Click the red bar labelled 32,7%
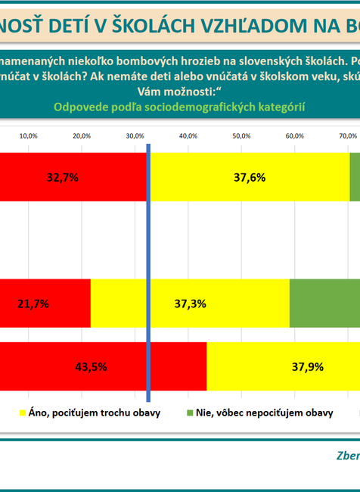pos(73,177)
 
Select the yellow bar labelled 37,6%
pos(250,177)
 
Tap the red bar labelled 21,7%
pos(45,303)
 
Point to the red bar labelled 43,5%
pos(103,366)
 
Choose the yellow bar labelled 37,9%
pos(283,366)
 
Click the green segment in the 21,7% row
pos(324,303)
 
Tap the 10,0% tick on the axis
pos(28,135)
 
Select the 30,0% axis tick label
pos(135,135)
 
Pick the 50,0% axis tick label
pos(241,135)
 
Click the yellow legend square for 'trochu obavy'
pos(21,413)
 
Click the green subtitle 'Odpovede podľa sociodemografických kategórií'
pos(179,107)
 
